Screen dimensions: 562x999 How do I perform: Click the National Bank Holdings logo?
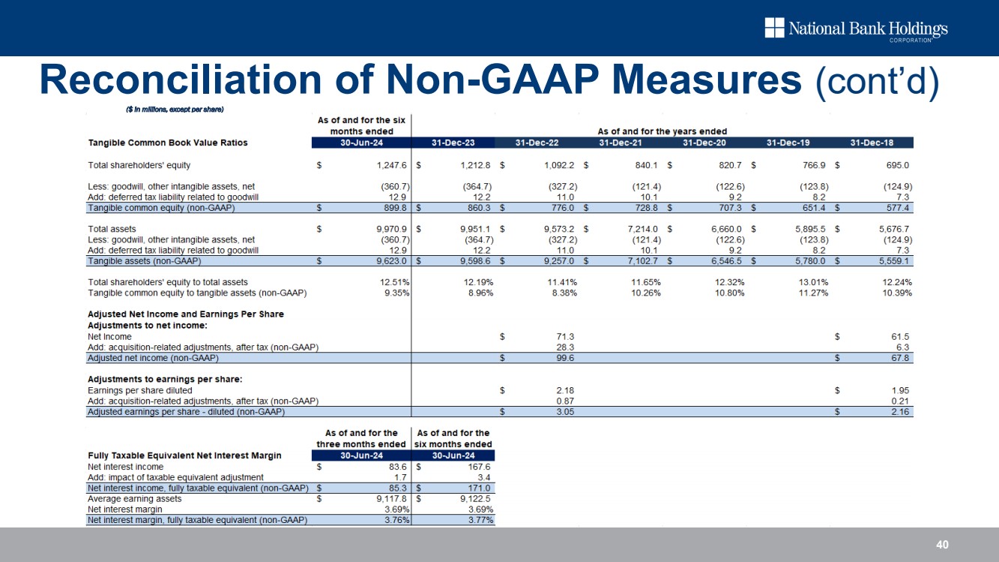(856, 29)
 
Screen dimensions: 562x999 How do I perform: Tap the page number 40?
(944, 545)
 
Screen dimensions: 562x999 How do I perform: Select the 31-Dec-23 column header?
(453, 143)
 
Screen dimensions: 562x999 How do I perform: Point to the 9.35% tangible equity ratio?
(396, 293)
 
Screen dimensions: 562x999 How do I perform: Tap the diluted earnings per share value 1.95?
(901, 390)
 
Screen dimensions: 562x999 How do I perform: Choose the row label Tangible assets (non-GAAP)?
(145, 261)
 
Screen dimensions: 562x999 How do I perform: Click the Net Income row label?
(109, 337)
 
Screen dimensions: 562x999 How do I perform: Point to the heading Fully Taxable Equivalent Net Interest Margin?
(184, 455)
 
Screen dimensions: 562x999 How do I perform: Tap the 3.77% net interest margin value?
(480, 520)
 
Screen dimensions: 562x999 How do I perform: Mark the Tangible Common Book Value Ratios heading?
(167, 143)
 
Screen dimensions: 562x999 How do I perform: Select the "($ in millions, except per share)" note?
(175, 110)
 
